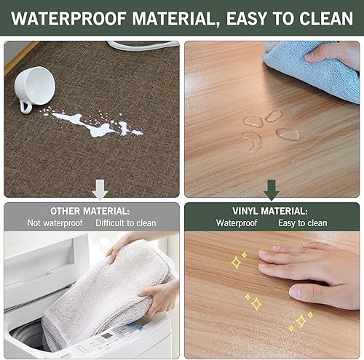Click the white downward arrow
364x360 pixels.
click(x=100, y=191)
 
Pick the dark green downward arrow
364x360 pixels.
click(x=272, y=191)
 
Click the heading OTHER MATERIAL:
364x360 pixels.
click(x=90, y=211)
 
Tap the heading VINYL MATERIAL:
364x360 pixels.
click(x=272, y=211)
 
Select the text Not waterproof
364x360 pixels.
click(x=55, y=223)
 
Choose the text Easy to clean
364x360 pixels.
click(x=302, y=223)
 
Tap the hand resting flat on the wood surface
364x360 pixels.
click(x=313, y=269)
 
